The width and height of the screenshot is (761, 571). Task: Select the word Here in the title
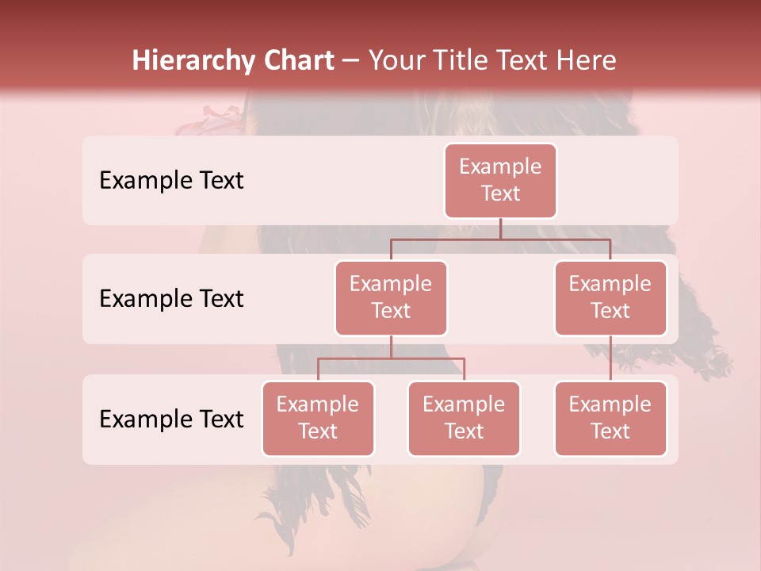click(587, 60)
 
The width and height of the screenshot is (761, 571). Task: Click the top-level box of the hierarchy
click(500, 180)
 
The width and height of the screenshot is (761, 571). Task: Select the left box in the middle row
click(391, 297)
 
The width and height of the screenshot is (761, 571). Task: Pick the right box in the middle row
click(610, 297)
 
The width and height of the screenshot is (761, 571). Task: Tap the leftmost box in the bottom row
click(318, 418)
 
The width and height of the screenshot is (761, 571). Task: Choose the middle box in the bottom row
click(464, 418)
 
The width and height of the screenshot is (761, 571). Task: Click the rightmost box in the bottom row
click(610, 418)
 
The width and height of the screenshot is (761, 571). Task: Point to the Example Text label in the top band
click(171, 180)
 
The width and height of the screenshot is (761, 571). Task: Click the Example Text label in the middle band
click(171, 298)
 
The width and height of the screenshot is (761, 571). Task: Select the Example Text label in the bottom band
click(171, 419)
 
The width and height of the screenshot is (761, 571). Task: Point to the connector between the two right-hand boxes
click(610, 358)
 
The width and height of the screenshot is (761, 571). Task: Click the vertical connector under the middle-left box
click(391, 347)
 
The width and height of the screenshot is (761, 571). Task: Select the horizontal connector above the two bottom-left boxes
click(391, 358)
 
